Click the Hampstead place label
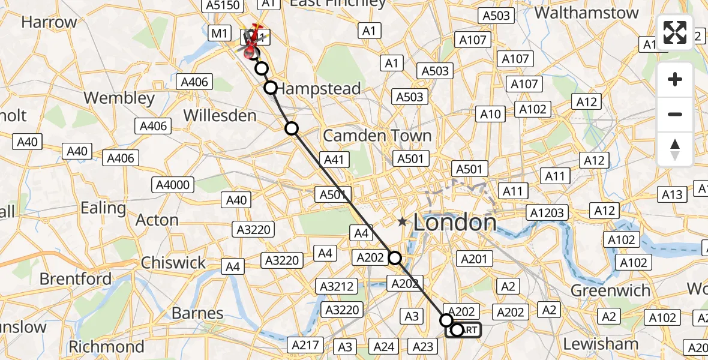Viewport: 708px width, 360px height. click(x=319, y=89)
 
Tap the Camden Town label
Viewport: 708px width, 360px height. click(x=377, y=136)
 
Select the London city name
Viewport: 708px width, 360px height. click(x=455, y=223)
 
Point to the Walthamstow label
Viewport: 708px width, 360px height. click(x=586, y=13)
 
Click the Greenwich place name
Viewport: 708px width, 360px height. click(x=610, y=291)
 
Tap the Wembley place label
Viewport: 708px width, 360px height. click(x=119, y=97)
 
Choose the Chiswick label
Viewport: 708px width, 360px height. click(x=173, y=263)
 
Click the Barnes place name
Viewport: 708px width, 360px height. click(x=197, y=313)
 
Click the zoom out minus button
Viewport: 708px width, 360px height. click(x=675, y=114)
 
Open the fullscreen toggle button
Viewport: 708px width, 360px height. click(x=675, y=32)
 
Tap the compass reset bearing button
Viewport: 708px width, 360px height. click(x=675, y=149)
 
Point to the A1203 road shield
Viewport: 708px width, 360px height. click(x=546, y=212)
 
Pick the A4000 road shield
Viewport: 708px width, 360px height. click(x=173, y=185)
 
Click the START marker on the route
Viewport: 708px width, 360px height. click(x=463, y=329)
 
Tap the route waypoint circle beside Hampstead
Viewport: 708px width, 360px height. click(x=271, y=88)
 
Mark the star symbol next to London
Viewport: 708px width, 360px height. click(x=402, y=222)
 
